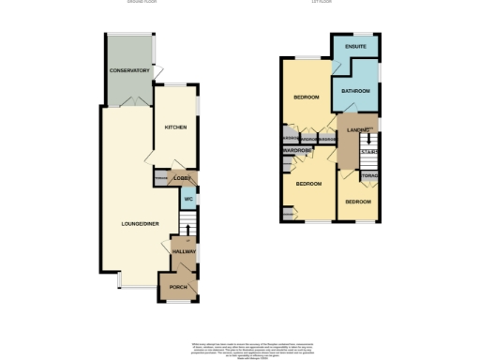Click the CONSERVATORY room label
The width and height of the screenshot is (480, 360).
pyautogui.click(x=129, y=71)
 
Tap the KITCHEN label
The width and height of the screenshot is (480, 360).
pyautogui.click(x=175, y=127)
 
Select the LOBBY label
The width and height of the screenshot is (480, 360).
pyautogui.click(x=182, y=177)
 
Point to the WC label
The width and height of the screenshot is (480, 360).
pyautogui.click(x=187, y=200)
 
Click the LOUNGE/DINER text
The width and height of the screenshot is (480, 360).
pyautogui.click(x=138, y=223)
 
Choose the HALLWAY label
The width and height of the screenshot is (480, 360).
pyautogui.click(x=182, y=252)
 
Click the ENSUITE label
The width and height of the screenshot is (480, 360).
pyautogui.click(x=355, y=46)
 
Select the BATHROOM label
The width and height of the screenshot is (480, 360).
pyautogui.click(x=356, y=91)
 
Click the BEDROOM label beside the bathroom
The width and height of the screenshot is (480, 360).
pyautogui.click(x=307, y=97)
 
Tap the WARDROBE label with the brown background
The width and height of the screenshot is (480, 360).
pyautogui.click(x=297, y=149)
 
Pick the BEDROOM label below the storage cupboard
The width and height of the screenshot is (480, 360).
pyautogui.click(x=358, y=202)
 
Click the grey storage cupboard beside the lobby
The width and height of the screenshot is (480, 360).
pyautogui.click(x=161, y=178)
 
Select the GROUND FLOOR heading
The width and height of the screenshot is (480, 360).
pyautogui.click(x=142, y=3)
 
